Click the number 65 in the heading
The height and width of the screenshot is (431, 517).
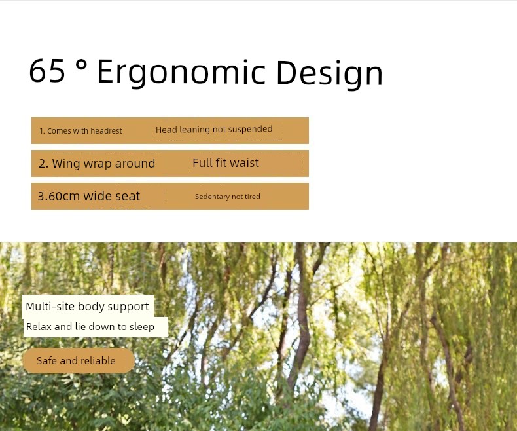click(x=47, y=71)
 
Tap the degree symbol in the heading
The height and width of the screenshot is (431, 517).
click(x=81, y=66)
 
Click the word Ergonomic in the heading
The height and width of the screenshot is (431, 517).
click(x=181, y=73)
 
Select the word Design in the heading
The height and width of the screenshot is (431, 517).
click(x=329, y=73)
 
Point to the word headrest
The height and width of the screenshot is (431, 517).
click(x=106, y=131)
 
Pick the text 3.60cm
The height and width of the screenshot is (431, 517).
click(x=59, y=197)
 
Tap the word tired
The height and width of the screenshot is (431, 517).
click(x=252, y=197)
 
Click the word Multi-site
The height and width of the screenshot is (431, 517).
click(x=50, y=307)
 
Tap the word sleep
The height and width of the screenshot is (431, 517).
click(x=142, y=327)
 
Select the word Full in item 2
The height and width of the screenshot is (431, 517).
click(x=202, y=163)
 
